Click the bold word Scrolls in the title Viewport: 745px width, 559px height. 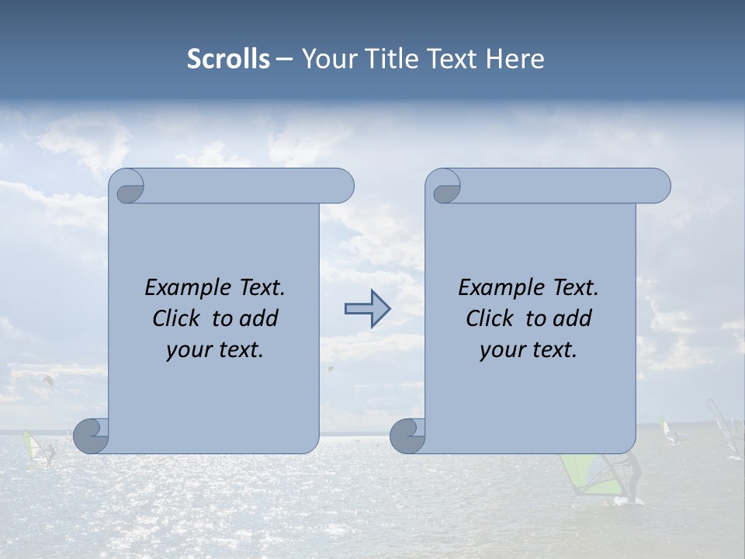pos(229,59)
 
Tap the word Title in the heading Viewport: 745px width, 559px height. pos(391,59)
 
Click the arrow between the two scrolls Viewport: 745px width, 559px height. pos(367,309)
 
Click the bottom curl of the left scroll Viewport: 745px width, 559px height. pos(92,436)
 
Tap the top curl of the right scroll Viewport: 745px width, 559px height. pos(444,187)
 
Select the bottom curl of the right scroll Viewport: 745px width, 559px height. pos(407,436)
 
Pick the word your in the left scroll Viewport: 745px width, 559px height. pos(187,350)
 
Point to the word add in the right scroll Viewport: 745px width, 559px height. pos(575,318)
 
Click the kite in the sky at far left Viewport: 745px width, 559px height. pos(48,381)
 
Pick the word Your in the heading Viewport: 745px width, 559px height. pos(327,59)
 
